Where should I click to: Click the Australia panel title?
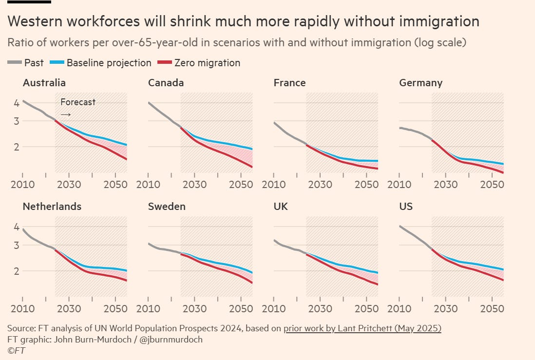44,83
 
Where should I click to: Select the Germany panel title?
420,83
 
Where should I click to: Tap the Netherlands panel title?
52,207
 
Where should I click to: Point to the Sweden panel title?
167,207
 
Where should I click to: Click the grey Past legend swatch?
15,63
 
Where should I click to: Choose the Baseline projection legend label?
109,63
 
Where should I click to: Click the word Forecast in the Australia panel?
78,102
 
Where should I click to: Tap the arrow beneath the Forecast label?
66,114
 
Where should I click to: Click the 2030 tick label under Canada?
194,185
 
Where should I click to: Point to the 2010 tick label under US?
399,309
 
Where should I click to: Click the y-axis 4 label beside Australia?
16,103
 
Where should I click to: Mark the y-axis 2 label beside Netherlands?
16,271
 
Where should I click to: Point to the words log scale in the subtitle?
438,42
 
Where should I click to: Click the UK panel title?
281,207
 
